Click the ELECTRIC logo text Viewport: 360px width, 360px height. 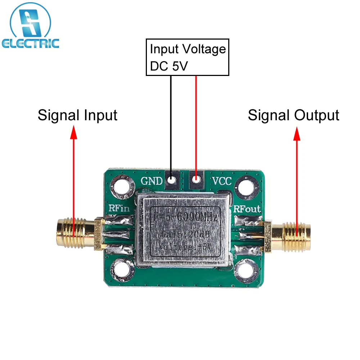click(30, 44)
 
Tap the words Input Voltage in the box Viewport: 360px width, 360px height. click(188, 49)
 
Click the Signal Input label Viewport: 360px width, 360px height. click(77, 116)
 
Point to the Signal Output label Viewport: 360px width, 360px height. click(293, 116)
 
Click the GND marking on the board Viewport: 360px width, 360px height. click(152, 181)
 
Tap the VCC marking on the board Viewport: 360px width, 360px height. click(221, 181)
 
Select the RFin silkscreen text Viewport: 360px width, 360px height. click(119, 208)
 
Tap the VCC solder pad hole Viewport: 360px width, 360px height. click(196, 179)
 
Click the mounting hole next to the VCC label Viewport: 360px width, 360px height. click(247, 187)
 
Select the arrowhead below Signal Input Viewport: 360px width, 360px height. click(73, 132)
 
